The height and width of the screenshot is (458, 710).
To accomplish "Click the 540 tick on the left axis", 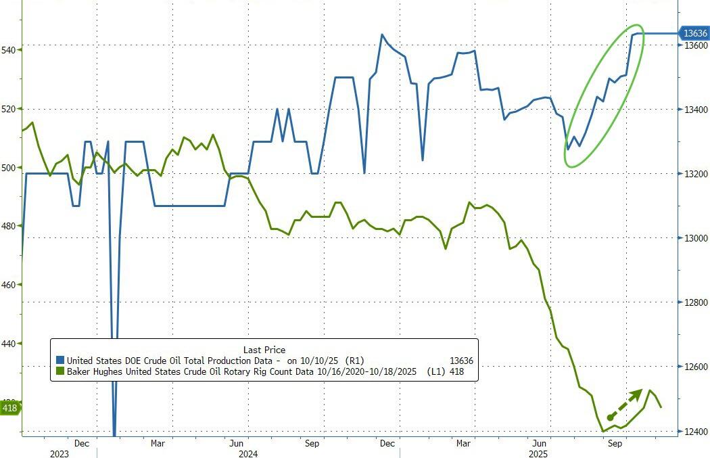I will pos(9,49).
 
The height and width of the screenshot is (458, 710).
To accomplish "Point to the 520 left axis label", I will pos(9,108).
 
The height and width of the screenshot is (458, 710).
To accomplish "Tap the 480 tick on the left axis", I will pos(9,226).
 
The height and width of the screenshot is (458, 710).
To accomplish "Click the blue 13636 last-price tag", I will pos(694,32).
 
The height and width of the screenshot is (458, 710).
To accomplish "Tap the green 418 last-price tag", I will pos(9,408).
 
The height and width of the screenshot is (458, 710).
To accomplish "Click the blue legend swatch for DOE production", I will pos(60,361).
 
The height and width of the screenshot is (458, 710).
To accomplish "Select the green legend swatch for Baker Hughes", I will pos(60,371).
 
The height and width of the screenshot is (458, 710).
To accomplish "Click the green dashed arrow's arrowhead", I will pos(639,393).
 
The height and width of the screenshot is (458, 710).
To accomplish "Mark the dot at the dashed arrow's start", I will pos(610,418).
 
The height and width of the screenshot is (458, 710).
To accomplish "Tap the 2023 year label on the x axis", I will pos(60,453).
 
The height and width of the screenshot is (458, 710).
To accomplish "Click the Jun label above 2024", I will pos(236,443).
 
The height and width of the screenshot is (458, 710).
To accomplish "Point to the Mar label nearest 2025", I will pos(463,443).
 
